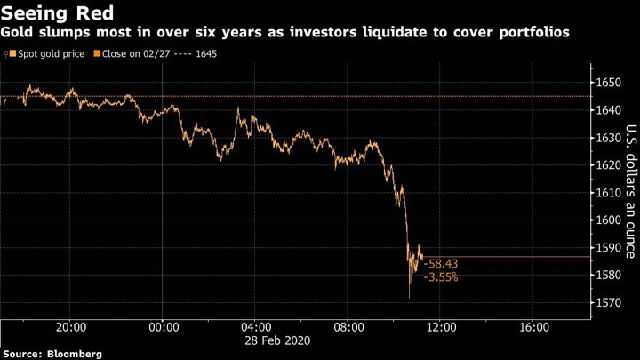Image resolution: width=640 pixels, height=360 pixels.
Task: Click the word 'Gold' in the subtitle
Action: coord(16,32)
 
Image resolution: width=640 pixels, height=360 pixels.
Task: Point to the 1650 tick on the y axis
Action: coord(609,83)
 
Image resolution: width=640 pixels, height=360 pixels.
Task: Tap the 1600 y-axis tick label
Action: coord(609,220)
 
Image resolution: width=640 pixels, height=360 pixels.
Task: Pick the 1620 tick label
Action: coord(609,165)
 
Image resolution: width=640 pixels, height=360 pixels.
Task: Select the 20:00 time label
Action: coord(70,326)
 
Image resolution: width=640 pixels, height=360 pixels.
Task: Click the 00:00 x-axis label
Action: coord(164,326)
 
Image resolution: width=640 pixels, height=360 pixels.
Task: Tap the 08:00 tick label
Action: coord(348,326)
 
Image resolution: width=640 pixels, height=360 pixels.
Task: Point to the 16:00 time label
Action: coord(532,326)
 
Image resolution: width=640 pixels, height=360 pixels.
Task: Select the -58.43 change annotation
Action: coord(441,264)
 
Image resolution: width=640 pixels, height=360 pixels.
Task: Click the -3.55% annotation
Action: coord(441,277)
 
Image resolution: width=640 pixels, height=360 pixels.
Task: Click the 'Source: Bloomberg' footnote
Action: coord(52,354)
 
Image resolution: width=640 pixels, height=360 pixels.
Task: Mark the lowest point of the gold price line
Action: coord(410,298)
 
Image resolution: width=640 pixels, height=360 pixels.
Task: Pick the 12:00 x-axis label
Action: coord(441,326)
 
